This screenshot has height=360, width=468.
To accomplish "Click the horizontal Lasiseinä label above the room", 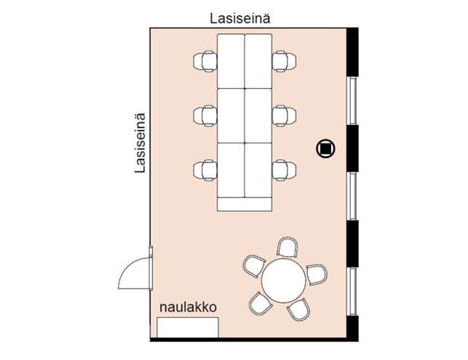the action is [x=240, y=18].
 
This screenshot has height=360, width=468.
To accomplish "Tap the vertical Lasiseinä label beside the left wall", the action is [x=140, y=143].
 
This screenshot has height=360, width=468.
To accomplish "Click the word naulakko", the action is [x=188, y=307].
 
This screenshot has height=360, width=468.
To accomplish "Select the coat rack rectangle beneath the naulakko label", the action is [x=188, y=327].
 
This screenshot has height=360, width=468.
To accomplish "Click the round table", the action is [x=284, y=281].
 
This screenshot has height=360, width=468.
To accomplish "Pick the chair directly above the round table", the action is [x=287, y=247].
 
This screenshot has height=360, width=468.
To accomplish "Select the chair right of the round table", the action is [x=317, y=274].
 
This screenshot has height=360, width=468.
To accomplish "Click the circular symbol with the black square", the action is [x=325, y=148].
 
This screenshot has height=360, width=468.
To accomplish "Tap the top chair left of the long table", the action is [x=205, y=61].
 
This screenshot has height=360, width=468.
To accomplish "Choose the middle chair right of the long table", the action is [x=285, y=116].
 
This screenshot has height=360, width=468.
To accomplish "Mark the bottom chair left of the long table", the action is [x=205, y=170].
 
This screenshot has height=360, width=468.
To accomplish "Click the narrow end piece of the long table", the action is [x=245, y=204].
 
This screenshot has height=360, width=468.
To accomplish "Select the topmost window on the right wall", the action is [x=353, y=100].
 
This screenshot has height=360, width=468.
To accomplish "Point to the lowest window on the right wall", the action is [x=353, y=291].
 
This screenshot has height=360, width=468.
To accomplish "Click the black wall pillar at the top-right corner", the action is [x=352, y=52].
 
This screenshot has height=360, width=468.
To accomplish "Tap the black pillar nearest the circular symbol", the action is [x=352, y=148].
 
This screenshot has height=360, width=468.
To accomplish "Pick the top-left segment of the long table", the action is [x=231, y=61].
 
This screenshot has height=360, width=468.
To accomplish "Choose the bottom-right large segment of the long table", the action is [x=258, y=170].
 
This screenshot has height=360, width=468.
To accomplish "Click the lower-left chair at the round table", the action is [x=261, y=303].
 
